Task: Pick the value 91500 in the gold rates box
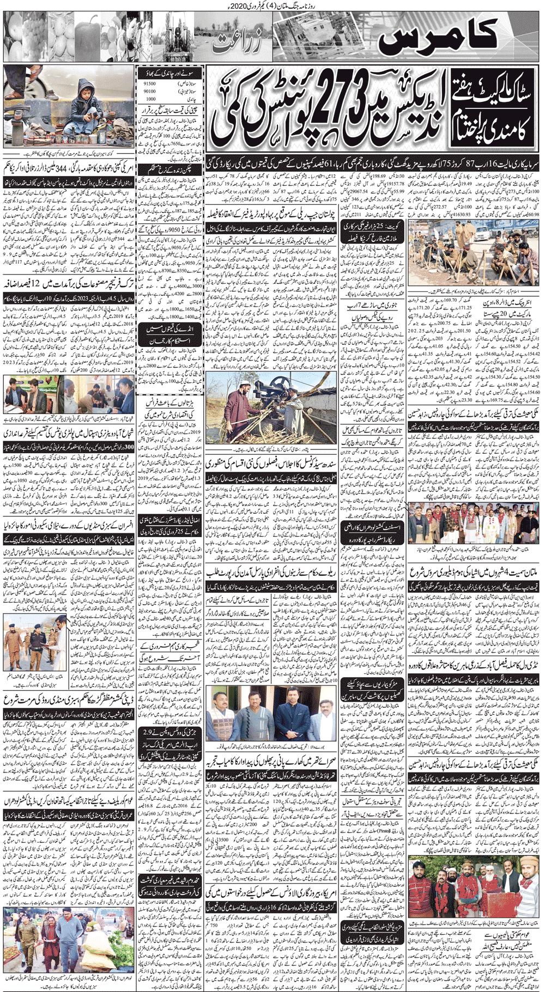click(149, 83)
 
